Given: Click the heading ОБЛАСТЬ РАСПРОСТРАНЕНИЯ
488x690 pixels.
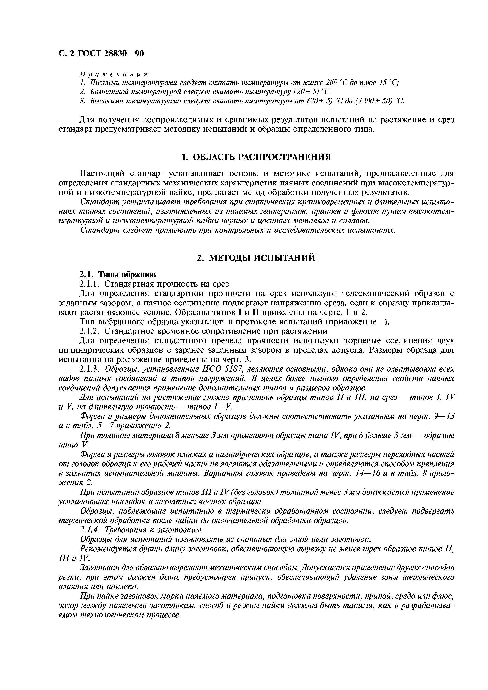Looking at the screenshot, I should click(262, 157).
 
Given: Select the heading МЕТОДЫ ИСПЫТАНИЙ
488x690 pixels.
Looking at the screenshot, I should click(262, 258).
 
